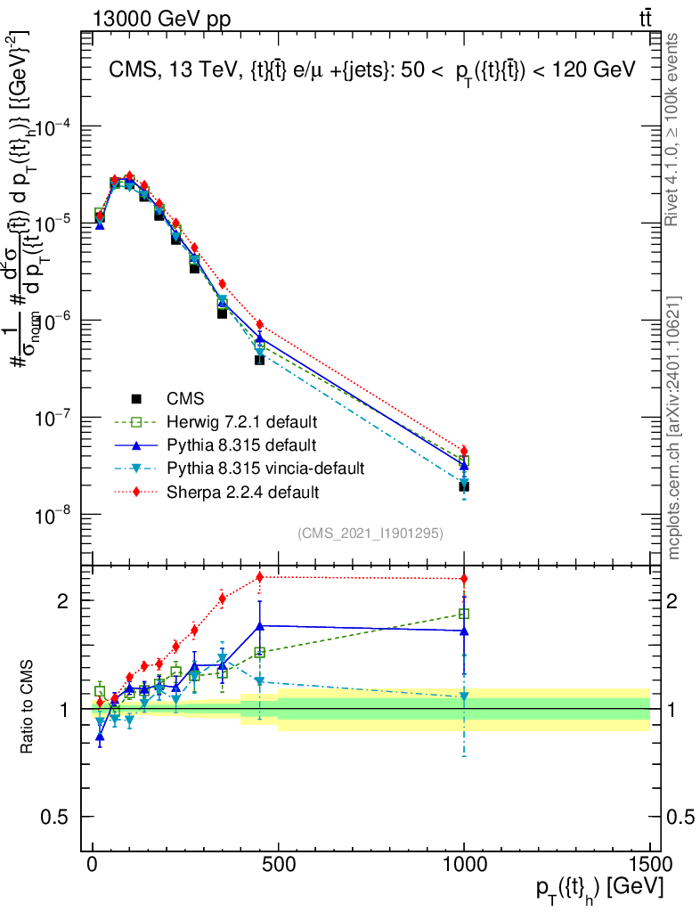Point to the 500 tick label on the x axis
pyautogui.click(x=278, y=866)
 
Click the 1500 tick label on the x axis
pyautogui.click(x=649, y=866)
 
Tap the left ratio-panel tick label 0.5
pyautogui.click(x=59, y=817)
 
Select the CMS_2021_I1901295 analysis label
pyautogui.click(x=370, y=533)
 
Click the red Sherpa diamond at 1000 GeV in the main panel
pyautogui.click(x=464, y=451)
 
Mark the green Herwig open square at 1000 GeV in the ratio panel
pyautogui.click(x=464, y=614)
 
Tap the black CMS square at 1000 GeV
pyautogui.click(x=464, y=486)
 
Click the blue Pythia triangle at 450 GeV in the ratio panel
pyautogui.click(x=259, y=626)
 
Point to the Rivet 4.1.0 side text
pyautogui.click(x=673, y=129)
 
